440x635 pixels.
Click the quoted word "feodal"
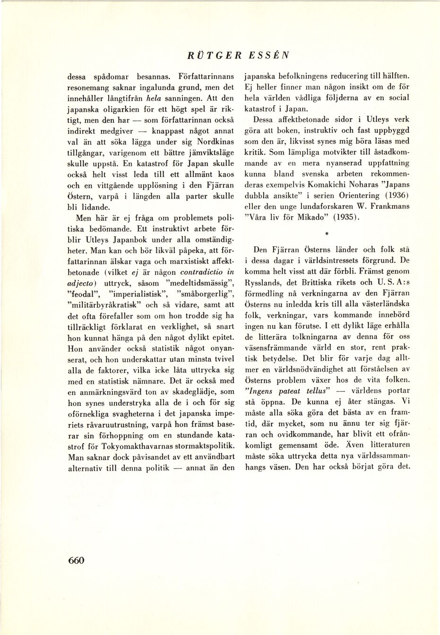tap(84, 295)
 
